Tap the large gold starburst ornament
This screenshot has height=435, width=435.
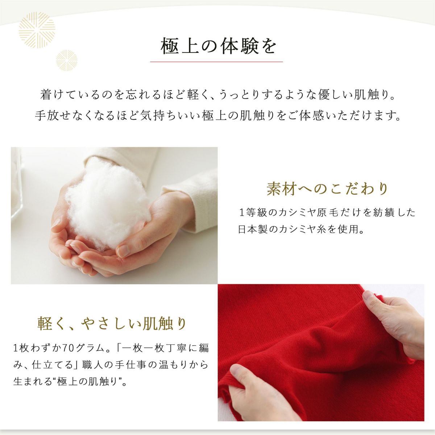pos(37,30)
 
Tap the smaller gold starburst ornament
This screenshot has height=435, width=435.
pos(67,61)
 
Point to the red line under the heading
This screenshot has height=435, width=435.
pos(216,62)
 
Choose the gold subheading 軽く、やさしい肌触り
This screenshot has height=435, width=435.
pos(112,323)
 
